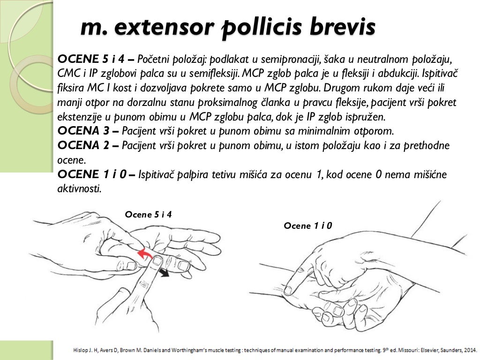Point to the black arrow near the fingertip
(163, 273)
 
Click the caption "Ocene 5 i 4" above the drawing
(148, 215)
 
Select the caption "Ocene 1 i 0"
(308, 226)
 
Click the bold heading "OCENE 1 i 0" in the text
(92, 175)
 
